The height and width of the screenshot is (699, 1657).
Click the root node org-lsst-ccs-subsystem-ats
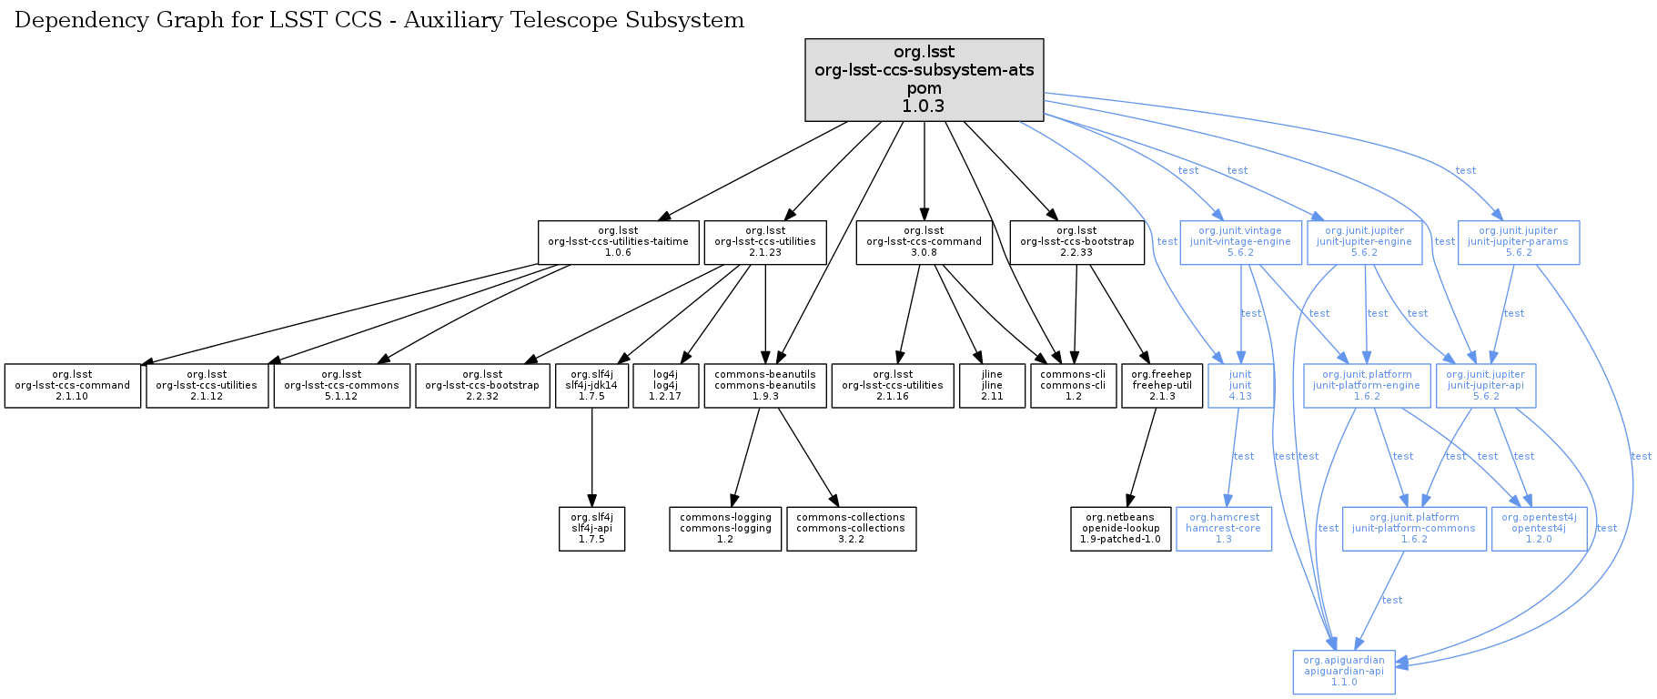[924, 80]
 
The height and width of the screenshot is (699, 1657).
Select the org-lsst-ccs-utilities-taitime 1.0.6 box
[618, 242]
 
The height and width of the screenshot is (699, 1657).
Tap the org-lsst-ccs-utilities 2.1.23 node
[764, 242]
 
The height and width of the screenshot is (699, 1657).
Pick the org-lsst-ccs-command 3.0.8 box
[924, 242]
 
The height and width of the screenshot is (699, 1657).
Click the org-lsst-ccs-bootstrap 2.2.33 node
[1076, 242]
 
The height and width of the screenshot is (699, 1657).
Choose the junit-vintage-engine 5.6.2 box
[1240, 242]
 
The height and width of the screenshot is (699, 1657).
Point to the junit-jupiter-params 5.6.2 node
[1518, 242]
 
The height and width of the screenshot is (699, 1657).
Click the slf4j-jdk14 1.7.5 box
[591, 386]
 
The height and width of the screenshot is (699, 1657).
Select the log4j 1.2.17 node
[664, 386]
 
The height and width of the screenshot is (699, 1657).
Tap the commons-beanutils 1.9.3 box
[764, 386]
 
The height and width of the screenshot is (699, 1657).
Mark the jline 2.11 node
[992, 386]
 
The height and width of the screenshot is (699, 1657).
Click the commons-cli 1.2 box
[1073, 386]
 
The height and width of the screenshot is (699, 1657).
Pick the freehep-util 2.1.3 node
[1161, 386]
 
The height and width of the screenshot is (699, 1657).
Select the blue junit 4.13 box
[1239, 386]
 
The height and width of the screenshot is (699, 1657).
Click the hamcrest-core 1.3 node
[1223, 529]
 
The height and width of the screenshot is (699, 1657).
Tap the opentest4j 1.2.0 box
[1539, 529]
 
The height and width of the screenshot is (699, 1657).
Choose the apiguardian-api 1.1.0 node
[1343, 672]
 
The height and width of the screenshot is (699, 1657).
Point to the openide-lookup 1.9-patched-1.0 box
[1120, 529]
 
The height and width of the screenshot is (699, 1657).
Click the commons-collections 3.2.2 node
[851, 529]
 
